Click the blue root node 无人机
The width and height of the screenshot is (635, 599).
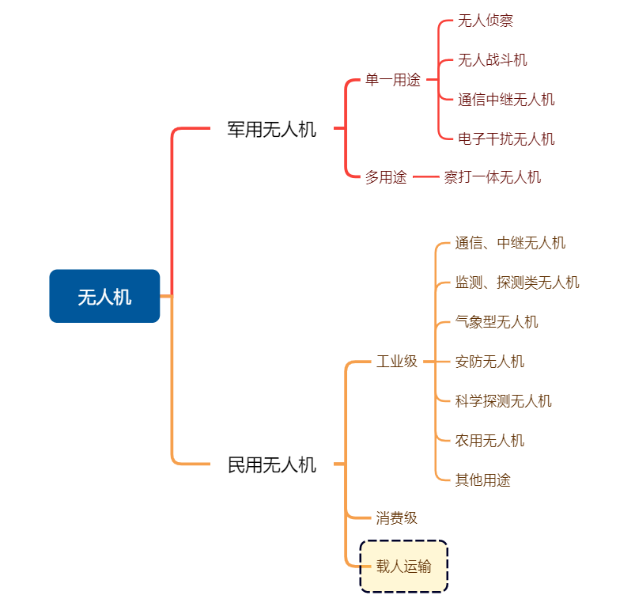(104, 296)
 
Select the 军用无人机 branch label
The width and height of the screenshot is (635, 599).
(272, 130)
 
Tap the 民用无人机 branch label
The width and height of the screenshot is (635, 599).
(272, 464)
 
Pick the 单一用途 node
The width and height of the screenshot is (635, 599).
(393, 80)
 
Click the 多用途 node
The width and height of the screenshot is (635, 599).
(386, 177)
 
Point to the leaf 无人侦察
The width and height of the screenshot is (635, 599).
(486, 21)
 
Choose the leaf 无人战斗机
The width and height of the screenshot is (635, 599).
(493, 60)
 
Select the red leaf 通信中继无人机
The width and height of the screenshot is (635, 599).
(506, 99)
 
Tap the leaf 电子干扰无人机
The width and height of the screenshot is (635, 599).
(506, 139)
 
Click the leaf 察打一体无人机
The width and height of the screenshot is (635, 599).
(493, 177)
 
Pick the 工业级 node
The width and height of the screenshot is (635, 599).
(397, 362)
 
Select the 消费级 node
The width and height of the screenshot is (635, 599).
(396, 518)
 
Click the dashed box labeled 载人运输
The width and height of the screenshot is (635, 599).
(404, 567)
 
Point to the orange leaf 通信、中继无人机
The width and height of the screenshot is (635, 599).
(510, 243)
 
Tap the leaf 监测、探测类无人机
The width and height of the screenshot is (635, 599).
(517, 282)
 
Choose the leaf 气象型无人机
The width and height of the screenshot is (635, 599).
(497, 322)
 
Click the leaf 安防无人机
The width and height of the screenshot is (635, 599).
(489, 362)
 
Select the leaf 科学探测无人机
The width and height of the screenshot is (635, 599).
(504, 401)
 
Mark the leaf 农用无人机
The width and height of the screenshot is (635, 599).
(489, 441)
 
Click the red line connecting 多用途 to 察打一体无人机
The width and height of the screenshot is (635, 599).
(425, 177)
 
